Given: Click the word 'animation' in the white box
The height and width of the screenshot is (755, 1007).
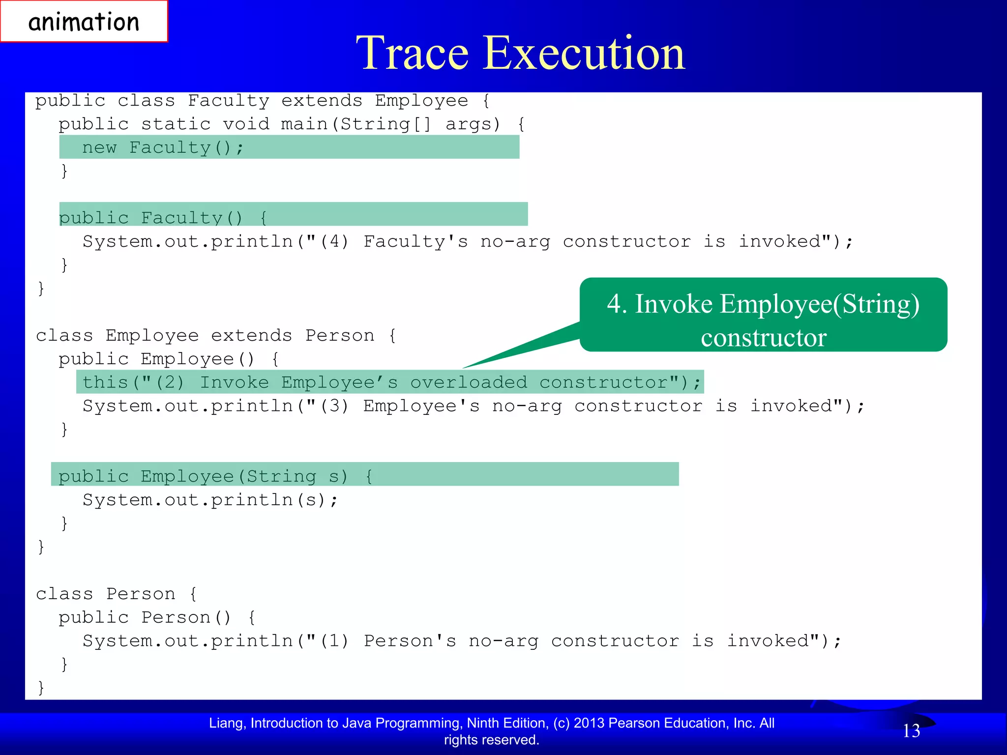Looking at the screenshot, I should (84, 22).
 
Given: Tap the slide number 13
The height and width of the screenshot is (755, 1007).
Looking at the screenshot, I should (911, 731).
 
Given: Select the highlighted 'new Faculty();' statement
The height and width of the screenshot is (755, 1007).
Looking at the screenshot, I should (163, 147).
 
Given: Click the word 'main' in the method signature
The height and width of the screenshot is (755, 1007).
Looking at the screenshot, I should (304, 124).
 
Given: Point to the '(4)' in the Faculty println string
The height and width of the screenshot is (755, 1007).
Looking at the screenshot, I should (334, 241).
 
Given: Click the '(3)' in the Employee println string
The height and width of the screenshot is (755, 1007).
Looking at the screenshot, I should (334, 406).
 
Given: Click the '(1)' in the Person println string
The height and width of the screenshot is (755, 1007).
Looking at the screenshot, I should (334, 641).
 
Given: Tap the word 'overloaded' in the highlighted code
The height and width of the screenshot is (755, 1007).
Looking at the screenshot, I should (469, 382).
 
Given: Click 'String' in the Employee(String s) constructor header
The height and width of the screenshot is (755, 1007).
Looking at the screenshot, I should (281, 476).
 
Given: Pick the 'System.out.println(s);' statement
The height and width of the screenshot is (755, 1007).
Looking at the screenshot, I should (210, 500).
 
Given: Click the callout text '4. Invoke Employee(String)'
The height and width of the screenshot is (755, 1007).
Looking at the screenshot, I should (763, 304).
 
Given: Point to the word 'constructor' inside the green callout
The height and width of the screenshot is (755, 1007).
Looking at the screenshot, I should (763, 338).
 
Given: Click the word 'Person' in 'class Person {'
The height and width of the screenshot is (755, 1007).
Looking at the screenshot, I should (141, 594).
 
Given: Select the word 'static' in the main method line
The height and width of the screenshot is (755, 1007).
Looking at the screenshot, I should (176, 124).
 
